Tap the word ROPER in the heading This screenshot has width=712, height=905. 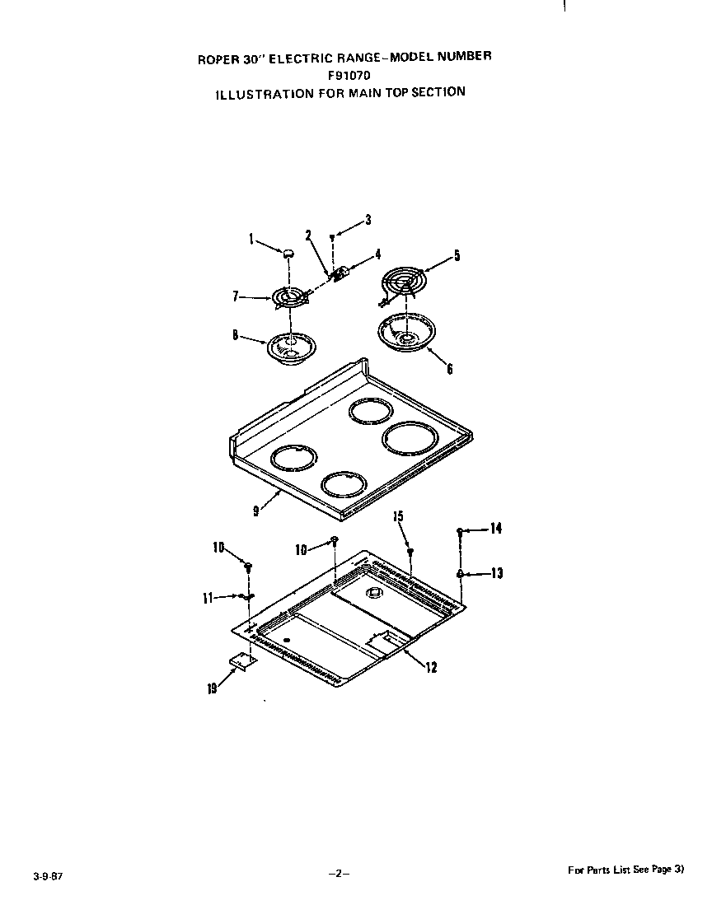point(213,58)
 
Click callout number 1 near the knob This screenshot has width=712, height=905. point(251,239)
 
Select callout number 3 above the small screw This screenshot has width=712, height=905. point(368,220)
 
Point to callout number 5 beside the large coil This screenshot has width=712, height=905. point(457,255)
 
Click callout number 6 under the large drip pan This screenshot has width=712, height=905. point(450,367)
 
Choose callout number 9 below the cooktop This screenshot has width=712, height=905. point(255,511)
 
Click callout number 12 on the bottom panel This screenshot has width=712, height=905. point(431,668)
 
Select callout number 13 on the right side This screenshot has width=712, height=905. point(497,573)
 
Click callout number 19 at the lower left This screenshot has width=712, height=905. point(213,688)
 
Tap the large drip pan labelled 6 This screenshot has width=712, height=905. point(406,333)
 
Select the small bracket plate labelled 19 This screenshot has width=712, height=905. point(241,661)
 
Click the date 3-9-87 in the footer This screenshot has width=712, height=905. point(49,876)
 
